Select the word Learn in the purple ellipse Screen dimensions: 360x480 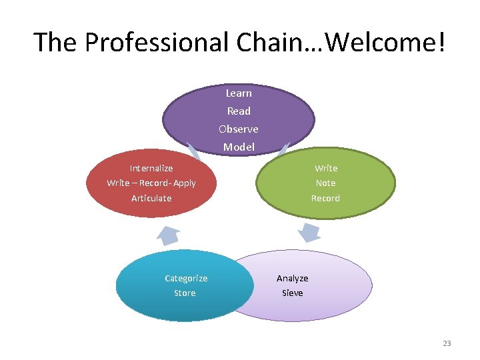tap(239, 93)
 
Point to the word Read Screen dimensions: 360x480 tap(239, 111)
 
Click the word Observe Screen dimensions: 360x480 tap(239, 129)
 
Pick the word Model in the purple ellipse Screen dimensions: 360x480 tap(239, 147)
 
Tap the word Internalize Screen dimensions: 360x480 tap(151, 168)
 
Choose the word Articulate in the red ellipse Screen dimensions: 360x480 tap(151, 198)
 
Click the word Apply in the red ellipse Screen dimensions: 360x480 tap(184, 183)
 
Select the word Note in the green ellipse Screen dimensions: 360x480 tap(325, 183)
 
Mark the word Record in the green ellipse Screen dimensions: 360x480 tap(325, 198)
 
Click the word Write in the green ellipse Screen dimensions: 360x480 tap(326, 168)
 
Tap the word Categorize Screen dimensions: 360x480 tap(186, 278)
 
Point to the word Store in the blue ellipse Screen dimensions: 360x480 tap(185, 293)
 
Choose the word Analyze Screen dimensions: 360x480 tap(292, 278)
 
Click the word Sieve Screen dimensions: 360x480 tap(292, 293)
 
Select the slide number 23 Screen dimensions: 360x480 tap(447, 343)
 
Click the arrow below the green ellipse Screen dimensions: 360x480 tap(309, 233)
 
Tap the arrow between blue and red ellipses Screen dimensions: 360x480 tap(167, 235)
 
